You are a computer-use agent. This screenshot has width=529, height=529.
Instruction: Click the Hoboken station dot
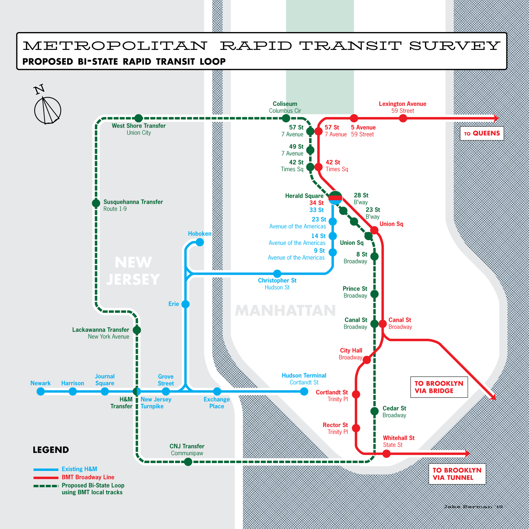(x=200, y=242)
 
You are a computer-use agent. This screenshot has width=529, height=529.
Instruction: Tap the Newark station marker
(x=41, y=391)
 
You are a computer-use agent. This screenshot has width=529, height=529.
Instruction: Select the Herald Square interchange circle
(x=335, y=198)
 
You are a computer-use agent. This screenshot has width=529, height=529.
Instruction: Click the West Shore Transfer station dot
(x=138, y=118)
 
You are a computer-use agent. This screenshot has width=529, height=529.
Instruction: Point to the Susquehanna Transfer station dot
(x=96, y=203)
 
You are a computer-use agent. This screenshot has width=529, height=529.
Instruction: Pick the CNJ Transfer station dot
(x=188, y=462)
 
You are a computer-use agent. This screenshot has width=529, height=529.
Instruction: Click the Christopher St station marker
(x=277, y=274)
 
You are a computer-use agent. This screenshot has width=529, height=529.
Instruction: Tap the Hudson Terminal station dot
(x=304, y=391)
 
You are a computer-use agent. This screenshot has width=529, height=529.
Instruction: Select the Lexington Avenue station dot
(x=403, y=118)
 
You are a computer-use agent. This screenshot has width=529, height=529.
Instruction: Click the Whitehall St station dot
(x=387, y=453)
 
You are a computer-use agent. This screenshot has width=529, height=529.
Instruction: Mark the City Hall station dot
(x=367, y=360)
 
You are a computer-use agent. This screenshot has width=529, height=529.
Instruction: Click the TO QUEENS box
(x=482, y=133)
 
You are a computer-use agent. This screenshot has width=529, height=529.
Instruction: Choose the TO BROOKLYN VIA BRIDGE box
(x=439, y=387)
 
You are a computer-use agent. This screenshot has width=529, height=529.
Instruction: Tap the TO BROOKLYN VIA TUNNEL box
(x=457, y=474)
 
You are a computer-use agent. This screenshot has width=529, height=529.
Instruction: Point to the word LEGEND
(x=51, y=450)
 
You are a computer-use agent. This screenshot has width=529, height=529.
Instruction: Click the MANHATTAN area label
(x=285, y=310)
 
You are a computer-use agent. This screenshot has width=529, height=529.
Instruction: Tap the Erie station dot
(x=186, y=304)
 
